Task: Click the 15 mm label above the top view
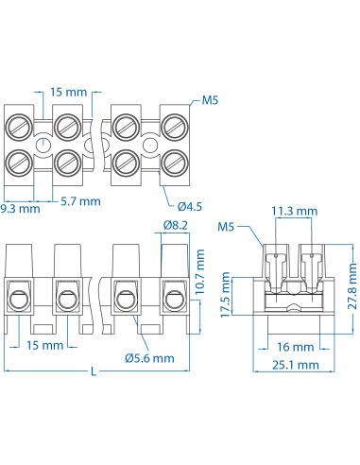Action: (x=69, y=93)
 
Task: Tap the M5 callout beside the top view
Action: (x=210, y=99)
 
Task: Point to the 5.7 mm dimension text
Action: (x=80, y=200)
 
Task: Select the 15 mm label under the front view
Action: (x=44, y=346)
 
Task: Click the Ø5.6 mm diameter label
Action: (x=149, y=358)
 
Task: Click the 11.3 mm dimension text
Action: (x=293, y=212)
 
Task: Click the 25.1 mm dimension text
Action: (x=294, y=365)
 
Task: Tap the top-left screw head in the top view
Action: (x=20, y=126)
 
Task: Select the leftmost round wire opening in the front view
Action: (x=18, y=301)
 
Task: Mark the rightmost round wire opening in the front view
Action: (x=173, y=301)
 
